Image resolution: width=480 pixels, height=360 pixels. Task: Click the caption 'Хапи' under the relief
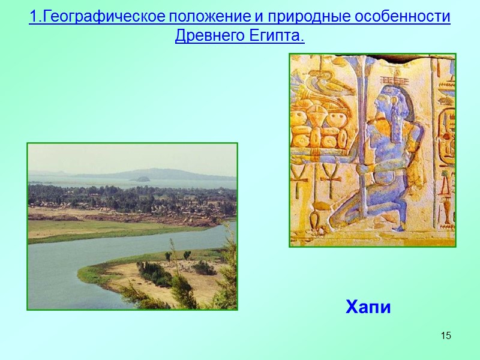[x=368, y=308]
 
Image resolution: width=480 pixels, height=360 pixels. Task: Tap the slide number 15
[x=445, y=335]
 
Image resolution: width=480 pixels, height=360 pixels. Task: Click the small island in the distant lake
[x=142, y=178]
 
